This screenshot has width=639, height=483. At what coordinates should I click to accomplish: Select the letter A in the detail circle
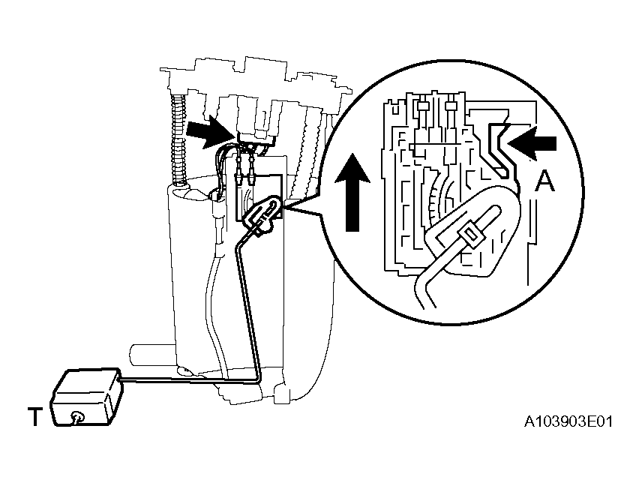[544, 181]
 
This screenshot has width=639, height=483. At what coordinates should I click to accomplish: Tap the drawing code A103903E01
[568, 421]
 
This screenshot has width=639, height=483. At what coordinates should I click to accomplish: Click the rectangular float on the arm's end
[86, 397]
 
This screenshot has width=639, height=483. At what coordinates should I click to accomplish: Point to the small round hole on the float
[77, 417]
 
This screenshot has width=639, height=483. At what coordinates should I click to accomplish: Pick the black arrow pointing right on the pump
[210, 130]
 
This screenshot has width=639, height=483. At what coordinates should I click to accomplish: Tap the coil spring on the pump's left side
[178, 139]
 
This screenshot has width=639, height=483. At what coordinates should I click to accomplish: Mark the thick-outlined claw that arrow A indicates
[499, 149]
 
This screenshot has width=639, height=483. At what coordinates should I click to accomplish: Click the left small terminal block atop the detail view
[422, 106]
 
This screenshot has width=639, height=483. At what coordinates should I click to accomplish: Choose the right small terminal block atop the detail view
[450, 106]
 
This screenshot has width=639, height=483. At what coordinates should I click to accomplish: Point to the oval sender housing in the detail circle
[472, 232]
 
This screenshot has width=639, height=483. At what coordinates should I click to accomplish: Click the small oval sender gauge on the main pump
[262, 214]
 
